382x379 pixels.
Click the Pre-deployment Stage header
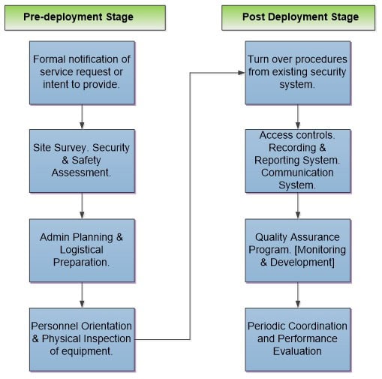[x=85, y=18]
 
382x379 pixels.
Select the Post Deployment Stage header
[x=298, y=18]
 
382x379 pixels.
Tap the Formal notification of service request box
[x=82, y=73]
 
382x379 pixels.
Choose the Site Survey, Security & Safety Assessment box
[x=82, y=161]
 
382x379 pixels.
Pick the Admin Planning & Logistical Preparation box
[x=82, y=251]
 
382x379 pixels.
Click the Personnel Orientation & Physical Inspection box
[x=82, y=339]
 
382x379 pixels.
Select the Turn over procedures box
[x=298, y=73]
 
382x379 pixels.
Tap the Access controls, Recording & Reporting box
[x=298, y=161]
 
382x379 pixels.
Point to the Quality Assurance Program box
[x=298, y=251]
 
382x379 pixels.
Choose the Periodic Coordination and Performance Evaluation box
[x=298, y=339]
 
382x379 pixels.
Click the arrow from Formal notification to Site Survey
[x=82, y=117]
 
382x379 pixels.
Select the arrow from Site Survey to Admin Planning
[x=82, y=206]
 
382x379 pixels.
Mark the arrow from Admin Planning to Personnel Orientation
[x=82, y=295]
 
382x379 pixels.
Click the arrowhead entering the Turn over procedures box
[x=242, y=73]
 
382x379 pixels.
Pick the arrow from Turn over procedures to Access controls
[x=298, y=117]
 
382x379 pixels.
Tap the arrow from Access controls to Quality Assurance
[x=298, y=206]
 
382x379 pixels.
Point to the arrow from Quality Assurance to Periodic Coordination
[x=298, y=295]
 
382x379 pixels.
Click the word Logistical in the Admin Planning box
[x=82, y=250]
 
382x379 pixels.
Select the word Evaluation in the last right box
[x=297, y=351]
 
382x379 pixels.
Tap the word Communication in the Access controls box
[x=297, y=173]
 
